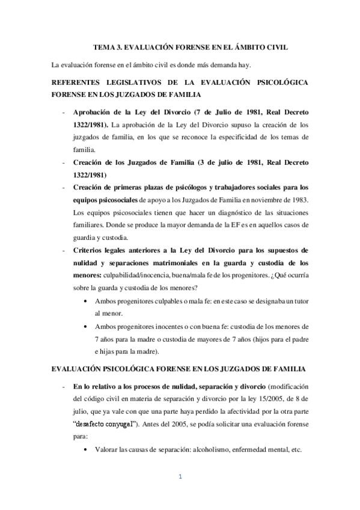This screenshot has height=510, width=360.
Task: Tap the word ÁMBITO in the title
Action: pos(243,46)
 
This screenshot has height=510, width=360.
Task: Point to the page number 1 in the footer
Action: pos(180,478)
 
